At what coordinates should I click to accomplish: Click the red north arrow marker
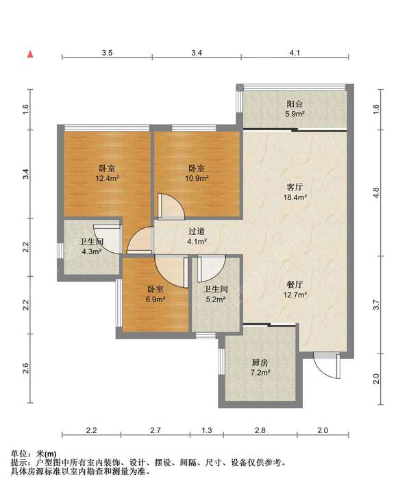point(30,54)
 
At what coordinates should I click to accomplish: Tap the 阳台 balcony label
point(295,103)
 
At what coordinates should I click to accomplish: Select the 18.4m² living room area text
point(295,197)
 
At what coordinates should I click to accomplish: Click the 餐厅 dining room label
point(295,284)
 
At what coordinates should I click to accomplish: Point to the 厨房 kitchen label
point(260,362)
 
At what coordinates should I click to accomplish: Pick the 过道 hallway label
point(197,232)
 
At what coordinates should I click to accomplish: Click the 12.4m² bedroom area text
point(108,179)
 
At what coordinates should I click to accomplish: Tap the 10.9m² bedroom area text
point(197,179)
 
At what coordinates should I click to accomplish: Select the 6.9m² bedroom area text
point(155,299)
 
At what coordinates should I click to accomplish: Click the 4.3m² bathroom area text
point(91,251)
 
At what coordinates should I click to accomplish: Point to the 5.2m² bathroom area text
point(216,299)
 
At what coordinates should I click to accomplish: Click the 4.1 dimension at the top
point(295,53)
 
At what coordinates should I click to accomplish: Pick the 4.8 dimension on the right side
point(376,192)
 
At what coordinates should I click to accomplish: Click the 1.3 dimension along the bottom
point(206,430)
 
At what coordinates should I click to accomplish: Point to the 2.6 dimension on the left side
point(25,368)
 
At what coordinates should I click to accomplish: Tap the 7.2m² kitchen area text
point(260,373)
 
